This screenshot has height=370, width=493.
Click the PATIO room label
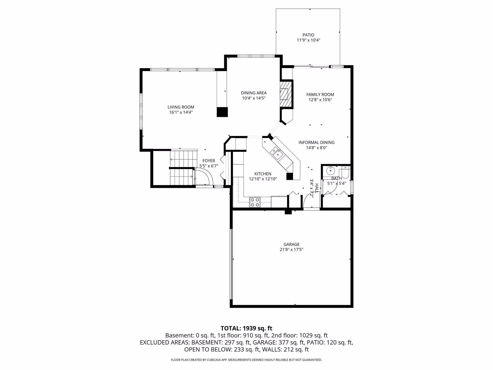(x=308, y=35)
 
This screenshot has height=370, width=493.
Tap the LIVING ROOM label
(x=181, y=107)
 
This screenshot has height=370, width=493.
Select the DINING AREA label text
(x=254, y=93)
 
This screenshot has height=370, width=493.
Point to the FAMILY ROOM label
(x=320, y=95)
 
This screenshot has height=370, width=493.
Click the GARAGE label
(x=291, y=244)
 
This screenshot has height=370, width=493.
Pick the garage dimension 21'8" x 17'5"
(x=291, y=249)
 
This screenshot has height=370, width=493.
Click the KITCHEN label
(x=263, y=174)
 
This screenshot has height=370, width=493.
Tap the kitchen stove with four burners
(x=255, y=202)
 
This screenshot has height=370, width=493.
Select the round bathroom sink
(x=330, y=170)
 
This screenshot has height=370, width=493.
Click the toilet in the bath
(x=346, y=172)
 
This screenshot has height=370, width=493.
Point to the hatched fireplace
(x=286, y=94)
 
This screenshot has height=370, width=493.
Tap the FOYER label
(x=209, y=161)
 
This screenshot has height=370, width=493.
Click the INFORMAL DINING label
(x=317, y=143)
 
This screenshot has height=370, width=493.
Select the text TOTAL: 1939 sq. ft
(x=246, y=328)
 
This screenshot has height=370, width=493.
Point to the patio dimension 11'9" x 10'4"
(x=308, y=40)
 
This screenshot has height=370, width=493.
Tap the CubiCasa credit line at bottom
(x=246, y=360)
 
